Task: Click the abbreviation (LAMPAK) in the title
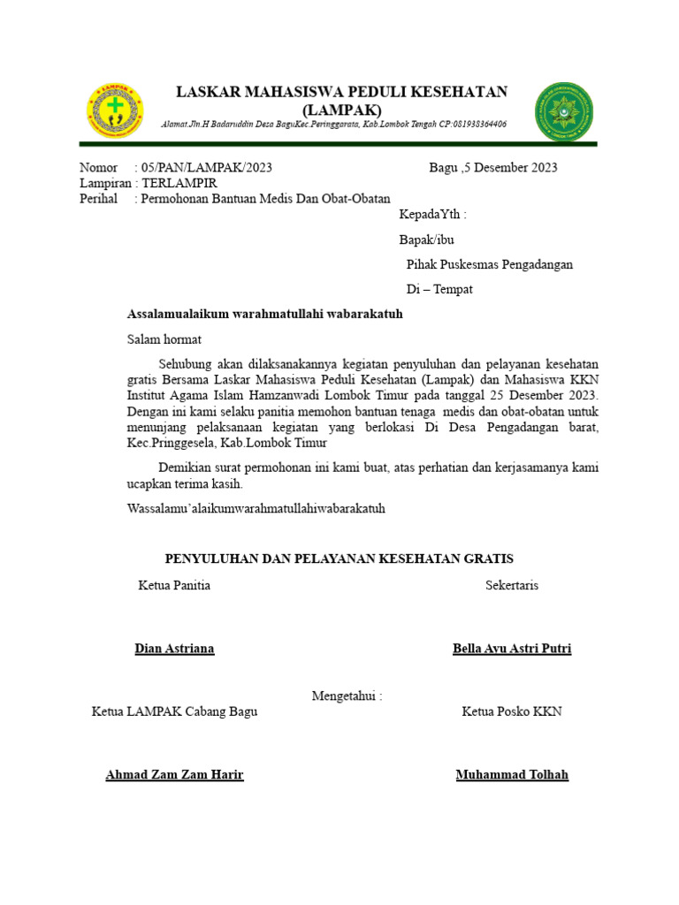click(341, 110)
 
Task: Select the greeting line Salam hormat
click(164, 339)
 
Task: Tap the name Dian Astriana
click(174, 649)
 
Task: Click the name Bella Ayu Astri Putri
click(512, 649)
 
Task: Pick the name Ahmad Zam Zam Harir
click(174, 775)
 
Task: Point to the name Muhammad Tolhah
click(512, 775)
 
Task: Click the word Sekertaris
click(512, 585)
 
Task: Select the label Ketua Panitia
click(174, 585)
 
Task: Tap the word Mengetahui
click(346, 696)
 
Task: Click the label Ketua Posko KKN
click(512, 711)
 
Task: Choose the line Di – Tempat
click(439, 289)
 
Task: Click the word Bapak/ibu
click(428, 239)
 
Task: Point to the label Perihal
click(98, 199)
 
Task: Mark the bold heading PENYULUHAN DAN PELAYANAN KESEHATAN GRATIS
click(339, 559)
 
